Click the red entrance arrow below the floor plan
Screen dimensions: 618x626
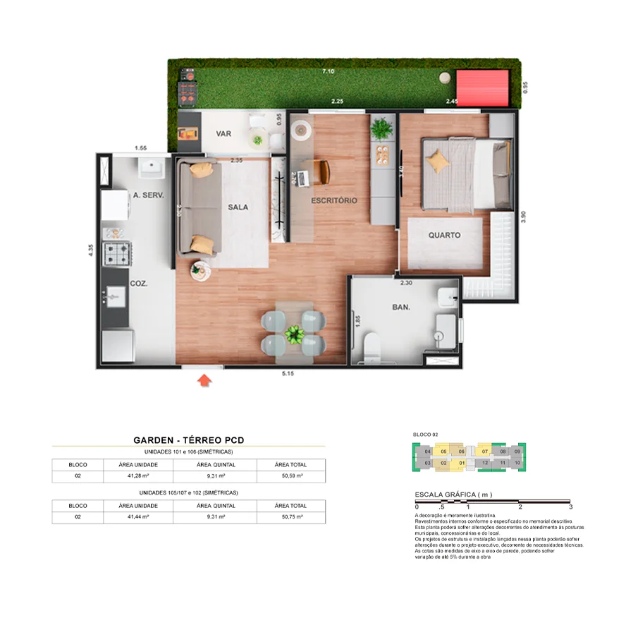point(204,381)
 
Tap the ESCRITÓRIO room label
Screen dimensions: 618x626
point(334,200)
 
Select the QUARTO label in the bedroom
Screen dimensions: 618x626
point(444,235)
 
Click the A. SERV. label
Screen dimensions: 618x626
point(148,195)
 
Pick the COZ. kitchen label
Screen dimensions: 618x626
point(138,283)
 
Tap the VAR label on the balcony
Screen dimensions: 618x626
point(224,133)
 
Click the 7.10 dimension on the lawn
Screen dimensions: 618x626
point(328,72)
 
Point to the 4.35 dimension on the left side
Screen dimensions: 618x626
point(91,252)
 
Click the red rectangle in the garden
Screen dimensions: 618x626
point(483,88)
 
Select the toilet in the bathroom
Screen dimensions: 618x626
point(371,346)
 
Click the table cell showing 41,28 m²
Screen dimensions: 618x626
point(133,477)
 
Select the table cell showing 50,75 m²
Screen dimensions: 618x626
point(290,517)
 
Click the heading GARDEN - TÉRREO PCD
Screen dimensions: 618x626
point(188,440)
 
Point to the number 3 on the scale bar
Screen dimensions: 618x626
point(570,507)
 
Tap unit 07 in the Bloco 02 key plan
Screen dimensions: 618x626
point(484,451)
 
